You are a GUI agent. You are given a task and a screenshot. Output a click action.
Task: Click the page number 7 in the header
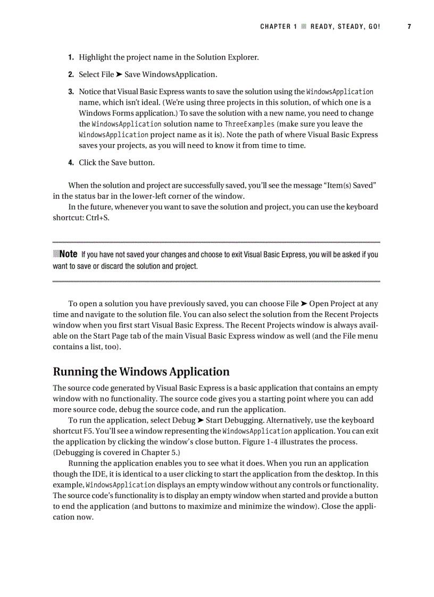[x=410, y=27]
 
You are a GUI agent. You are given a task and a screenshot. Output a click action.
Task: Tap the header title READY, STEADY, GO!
[x=345, y=27]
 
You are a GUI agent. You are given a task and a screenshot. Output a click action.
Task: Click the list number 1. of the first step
[x=71, y=57]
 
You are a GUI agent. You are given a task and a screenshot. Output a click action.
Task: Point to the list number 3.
[x=71, y=92]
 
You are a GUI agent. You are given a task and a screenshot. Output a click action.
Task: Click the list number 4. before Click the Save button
[x=71, y=163]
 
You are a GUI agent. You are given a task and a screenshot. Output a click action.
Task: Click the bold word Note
[x=69, y=254]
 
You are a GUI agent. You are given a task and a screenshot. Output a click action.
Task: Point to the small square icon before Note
[x=56, y=254]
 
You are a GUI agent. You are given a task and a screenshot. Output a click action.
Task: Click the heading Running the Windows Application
[x=141, y=372]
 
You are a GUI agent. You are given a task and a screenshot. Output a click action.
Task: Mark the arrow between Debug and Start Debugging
[x=201, y=421]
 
